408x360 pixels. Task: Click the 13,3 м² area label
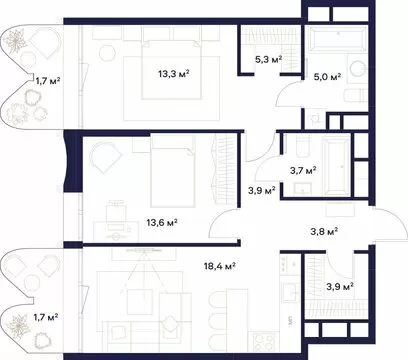(174, 73)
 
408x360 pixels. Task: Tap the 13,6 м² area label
(162, 222)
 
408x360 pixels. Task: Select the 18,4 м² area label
(220, 266)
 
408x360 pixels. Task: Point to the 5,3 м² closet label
(269, 60)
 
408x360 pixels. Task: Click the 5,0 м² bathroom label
(327, 77)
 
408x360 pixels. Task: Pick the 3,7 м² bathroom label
(303, 171)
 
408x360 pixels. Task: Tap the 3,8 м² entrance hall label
(324, 231)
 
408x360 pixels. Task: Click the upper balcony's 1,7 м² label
(48, 80)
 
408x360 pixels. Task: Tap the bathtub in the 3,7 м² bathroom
(335, 167)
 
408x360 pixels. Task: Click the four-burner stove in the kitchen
(264, 342)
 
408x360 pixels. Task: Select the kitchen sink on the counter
(291, 293)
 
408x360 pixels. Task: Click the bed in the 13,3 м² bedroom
(172, 69)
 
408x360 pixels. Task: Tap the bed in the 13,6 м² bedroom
(172, 171)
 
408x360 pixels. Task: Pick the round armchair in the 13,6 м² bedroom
(105, 157)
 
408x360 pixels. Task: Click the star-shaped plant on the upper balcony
(15, 41)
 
